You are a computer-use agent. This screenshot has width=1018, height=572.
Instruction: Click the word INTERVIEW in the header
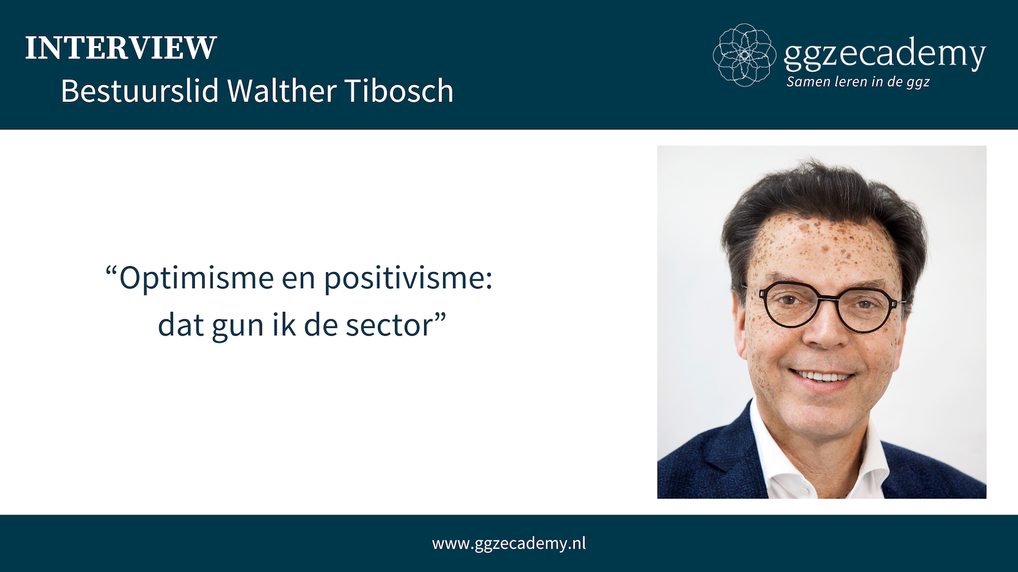121,47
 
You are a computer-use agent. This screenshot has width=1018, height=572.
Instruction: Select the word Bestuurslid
140,90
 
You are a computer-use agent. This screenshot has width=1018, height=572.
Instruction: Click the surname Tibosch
399,90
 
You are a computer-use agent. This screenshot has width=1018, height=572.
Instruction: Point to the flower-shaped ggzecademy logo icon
744,55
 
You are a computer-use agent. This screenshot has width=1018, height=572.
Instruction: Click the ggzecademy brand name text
884,55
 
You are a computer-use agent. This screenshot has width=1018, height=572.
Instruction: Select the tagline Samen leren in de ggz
858,82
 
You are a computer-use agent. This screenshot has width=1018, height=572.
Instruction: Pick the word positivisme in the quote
408,278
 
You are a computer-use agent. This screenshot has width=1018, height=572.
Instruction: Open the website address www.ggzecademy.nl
509,543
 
